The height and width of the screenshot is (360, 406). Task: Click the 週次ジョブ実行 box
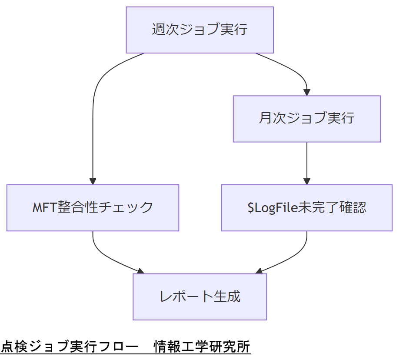pyautogui.click(x=200, y=30)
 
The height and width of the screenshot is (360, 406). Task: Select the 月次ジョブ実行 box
pyautogui.click(x=306, y=119)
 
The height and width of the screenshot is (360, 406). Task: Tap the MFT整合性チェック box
pyautogui.click(x=93, y=207)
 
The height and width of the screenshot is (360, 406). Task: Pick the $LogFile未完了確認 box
pyautogui.click(x=306, y=207)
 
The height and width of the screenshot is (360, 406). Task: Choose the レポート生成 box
pyautogui.click(x=200, y=297)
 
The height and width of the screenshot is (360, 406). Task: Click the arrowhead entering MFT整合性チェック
pyautogui.click(x=93, y=181)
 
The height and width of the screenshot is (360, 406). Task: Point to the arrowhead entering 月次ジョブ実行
pyautogui.click(x=306, y=92)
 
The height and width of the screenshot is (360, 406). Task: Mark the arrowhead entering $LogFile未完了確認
pyautogui.click(x=306, y=181)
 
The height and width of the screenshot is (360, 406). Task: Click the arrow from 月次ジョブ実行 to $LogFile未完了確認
pyautogui.click(x=306, y=161)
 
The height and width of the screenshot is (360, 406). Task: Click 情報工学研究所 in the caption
pyautogui.click(x=202, y=347)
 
